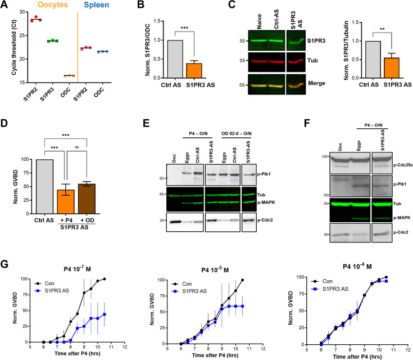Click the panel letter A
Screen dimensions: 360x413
click(x=6, y=7)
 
